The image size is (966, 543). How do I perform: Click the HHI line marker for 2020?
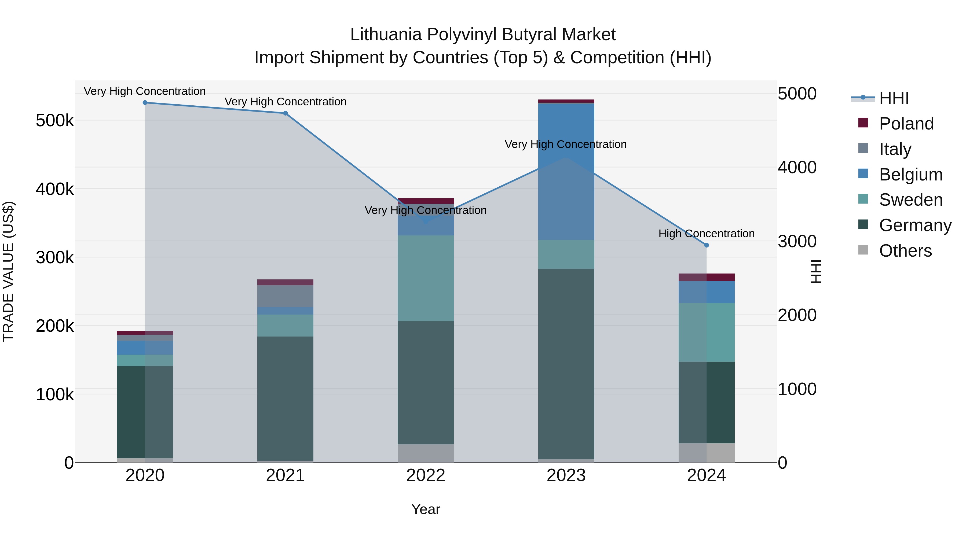pos(145,103)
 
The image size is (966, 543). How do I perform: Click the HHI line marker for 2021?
pos(286,113)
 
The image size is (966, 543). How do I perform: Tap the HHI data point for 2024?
pos(707,245)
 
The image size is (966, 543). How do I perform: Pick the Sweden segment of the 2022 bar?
pos(426,278)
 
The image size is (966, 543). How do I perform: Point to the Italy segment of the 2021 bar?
pos(286,296)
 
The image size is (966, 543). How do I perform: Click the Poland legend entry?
pos(906,124)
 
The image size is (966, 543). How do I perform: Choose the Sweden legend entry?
pos(910,200)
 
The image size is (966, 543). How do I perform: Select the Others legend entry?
pos(905,251)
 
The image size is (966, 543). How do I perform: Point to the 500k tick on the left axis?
pos(55,121)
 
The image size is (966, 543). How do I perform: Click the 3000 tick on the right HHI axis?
pos(797,241)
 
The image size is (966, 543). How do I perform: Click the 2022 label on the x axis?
pos(426,475)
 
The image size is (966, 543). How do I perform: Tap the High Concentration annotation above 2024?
pos(707,234)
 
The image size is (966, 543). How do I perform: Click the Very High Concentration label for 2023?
pos(565,144)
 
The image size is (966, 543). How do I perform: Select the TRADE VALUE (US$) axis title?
pos(8,271)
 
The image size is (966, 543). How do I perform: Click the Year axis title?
pos(426,509)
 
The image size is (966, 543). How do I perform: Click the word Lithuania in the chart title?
pos(386,35)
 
